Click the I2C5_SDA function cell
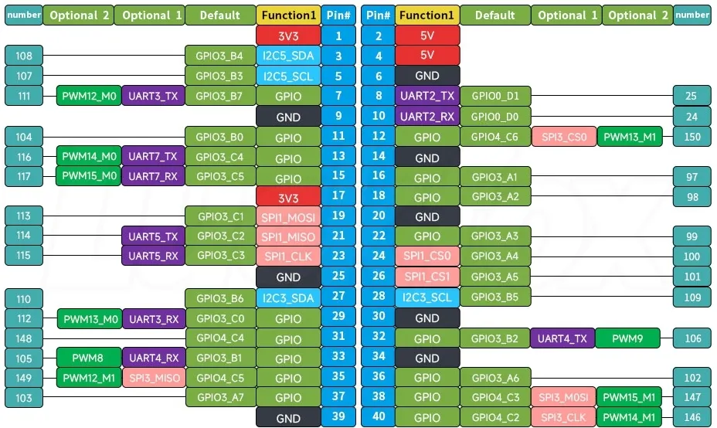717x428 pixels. tap(288, 56)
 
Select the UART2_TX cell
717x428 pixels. tap(427, 96)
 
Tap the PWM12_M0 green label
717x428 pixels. tap(89, 96)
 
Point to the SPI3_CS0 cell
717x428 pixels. tap(564, 137)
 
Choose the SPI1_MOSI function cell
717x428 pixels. tap(288, 217)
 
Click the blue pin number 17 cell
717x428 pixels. tap(338, 195)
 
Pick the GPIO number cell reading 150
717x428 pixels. tap(692, 137)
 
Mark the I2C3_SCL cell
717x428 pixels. tap(427, 297)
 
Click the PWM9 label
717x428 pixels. tap(627, 338)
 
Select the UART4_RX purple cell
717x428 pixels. tap(154, 358)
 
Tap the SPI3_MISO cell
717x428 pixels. tap(154, 378)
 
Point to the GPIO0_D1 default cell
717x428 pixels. tap(495, 96)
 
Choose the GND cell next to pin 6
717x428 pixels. tap(427, 76)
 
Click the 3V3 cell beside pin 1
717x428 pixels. tap(288, 36)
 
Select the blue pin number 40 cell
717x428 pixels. tap(378, 417)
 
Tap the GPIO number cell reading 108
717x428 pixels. tap(24, 56)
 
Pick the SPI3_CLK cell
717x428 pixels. tap(563, 417)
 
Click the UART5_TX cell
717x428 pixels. tap(153, 236)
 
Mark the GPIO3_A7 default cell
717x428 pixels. tap(220, 397)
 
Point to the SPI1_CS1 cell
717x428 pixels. tap(427, 276)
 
